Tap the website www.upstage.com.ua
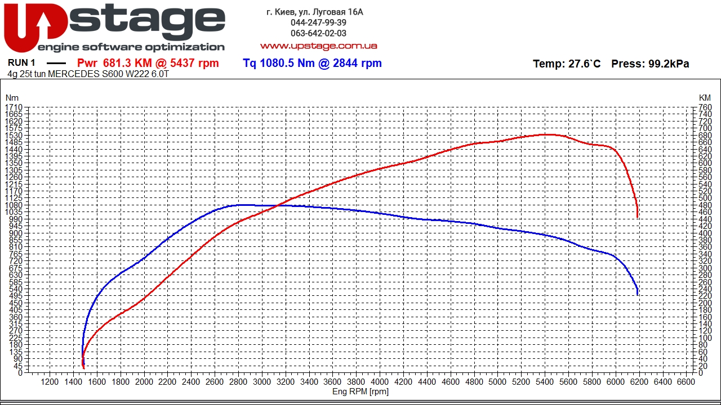coord(318,46)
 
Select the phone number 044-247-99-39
coord(318,22)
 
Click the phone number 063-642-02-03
coord(318,33)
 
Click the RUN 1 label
coord(21,63)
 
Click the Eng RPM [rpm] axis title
coord(360,391)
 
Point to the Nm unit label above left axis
coord(12,98)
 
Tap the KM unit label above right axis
coord(704,98)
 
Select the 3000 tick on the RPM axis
coord(262,382)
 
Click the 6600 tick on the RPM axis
coord(686,382)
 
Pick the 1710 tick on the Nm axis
coord(14,107)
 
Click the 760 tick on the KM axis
coord(704,107)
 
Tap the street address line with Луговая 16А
coord(315,12)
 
